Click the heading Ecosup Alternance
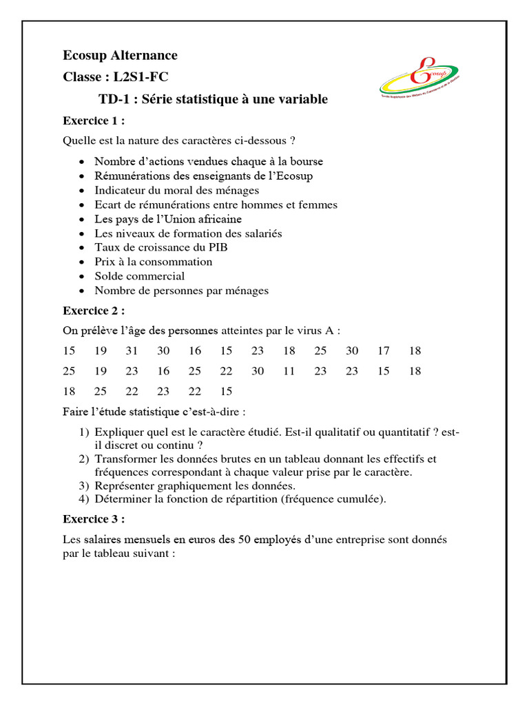coord(120,55)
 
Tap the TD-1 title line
coord(213,99)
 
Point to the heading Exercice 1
coord(94,120)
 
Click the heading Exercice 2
coord(94,311)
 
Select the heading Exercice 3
coord(94,518)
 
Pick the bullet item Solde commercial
coord(140,276)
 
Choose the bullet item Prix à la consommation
coord(154,262)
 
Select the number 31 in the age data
coord(132,350)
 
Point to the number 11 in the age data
coord(289,370)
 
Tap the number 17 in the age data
coord(383,350)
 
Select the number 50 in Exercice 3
coord(245,540)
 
